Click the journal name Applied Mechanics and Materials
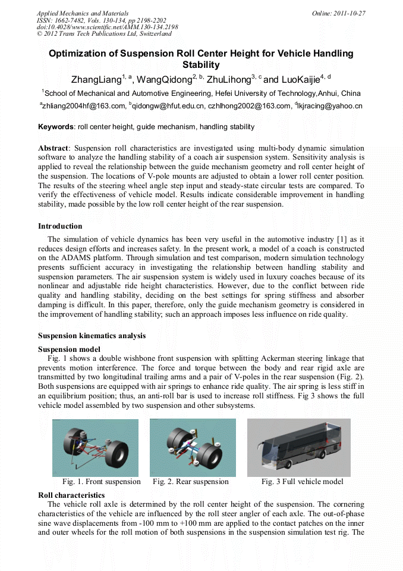[82, 13]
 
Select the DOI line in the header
[107, 27]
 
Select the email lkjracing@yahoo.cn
[339, 106]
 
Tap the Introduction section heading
[60, 226]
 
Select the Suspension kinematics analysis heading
[92, 336]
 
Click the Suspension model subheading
[69, 349]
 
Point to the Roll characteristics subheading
[71, 495]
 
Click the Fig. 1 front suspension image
[95, 447]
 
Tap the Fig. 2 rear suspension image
[193, 447]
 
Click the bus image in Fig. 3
[298, 447]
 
